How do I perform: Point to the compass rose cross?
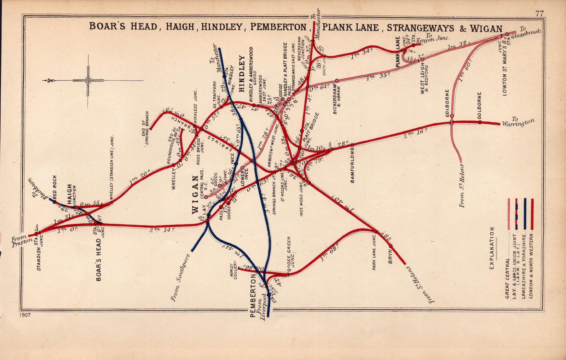[88, 80]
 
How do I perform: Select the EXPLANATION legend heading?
[492, 248]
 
